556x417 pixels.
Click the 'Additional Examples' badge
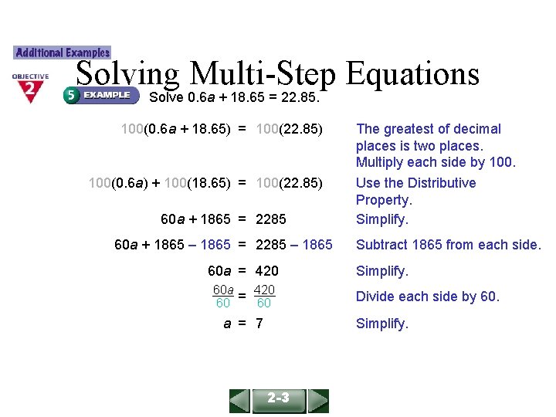tap(63, 53)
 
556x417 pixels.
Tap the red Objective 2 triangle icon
tap(30, 90)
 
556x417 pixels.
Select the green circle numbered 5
tap(71, 95)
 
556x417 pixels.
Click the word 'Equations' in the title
tap(412, 74)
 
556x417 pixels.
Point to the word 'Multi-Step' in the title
tap(262, 74)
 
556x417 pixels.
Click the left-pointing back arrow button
tap(240, 401)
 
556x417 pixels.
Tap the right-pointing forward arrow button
tap(318, 401)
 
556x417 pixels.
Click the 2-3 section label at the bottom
tap(279, 398)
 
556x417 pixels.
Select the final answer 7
tap(259, 324)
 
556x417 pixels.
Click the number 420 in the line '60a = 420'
tap(267, 271)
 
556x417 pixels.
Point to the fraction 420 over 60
tap(264, 297)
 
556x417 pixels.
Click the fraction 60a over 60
tap(223, 297)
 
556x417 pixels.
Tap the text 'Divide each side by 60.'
tap(427, 297)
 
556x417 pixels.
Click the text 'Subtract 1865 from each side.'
tap(448, 245)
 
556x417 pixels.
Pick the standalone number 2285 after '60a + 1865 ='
tap(270, 219)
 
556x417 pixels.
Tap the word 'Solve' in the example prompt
tap(165, 98)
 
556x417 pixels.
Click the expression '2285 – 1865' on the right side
tap(293, 245)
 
